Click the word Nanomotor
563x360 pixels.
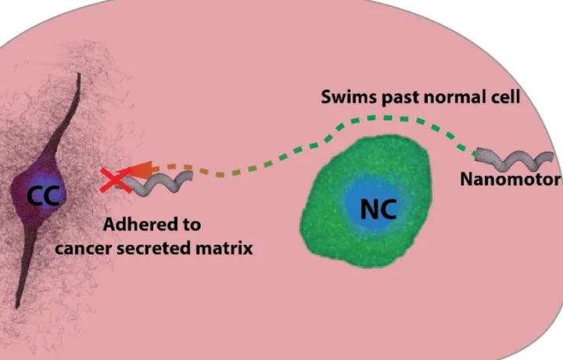510,179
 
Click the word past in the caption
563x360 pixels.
392,99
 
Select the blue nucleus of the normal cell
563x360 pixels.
378,205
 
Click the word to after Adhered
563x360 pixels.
191,225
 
